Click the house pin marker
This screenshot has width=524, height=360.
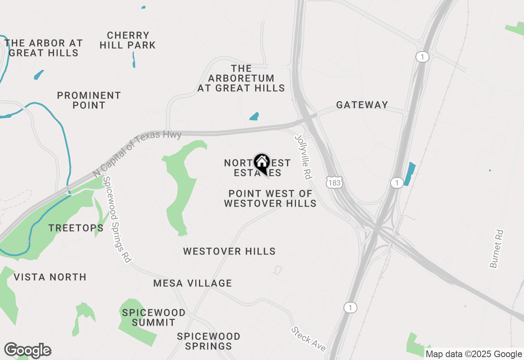(262, 163)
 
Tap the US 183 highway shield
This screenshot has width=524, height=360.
(334, 183)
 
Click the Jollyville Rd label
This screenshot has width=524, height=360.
(303, 157)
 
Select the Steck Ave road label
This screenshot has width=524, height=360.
(309, 339)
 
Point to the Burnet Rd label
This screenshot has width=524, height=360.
(497, 249)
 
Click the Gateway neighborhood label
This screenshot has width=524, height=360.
(362, 105)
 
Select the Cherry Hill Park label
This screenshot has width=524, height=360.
(128, 40)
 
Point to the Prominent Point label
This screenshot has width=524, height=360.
(89, 100)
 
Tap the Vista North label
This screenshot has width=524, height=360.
(50, 277)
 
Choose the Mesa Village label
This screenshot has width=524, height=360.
(192, 283)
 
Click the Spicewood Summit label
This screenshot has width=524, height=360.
(154, 317)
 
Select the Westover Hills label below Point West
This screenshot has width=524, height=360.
(229, 251)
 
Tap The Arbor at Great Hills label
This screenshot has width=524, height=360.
(43, 48)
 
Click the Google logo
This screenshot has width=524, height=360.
(27, 350)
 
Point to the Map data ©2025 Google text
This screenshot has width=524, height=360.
(474, 354)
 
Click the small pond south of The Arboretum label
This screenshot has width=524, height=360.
(254, 116)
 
